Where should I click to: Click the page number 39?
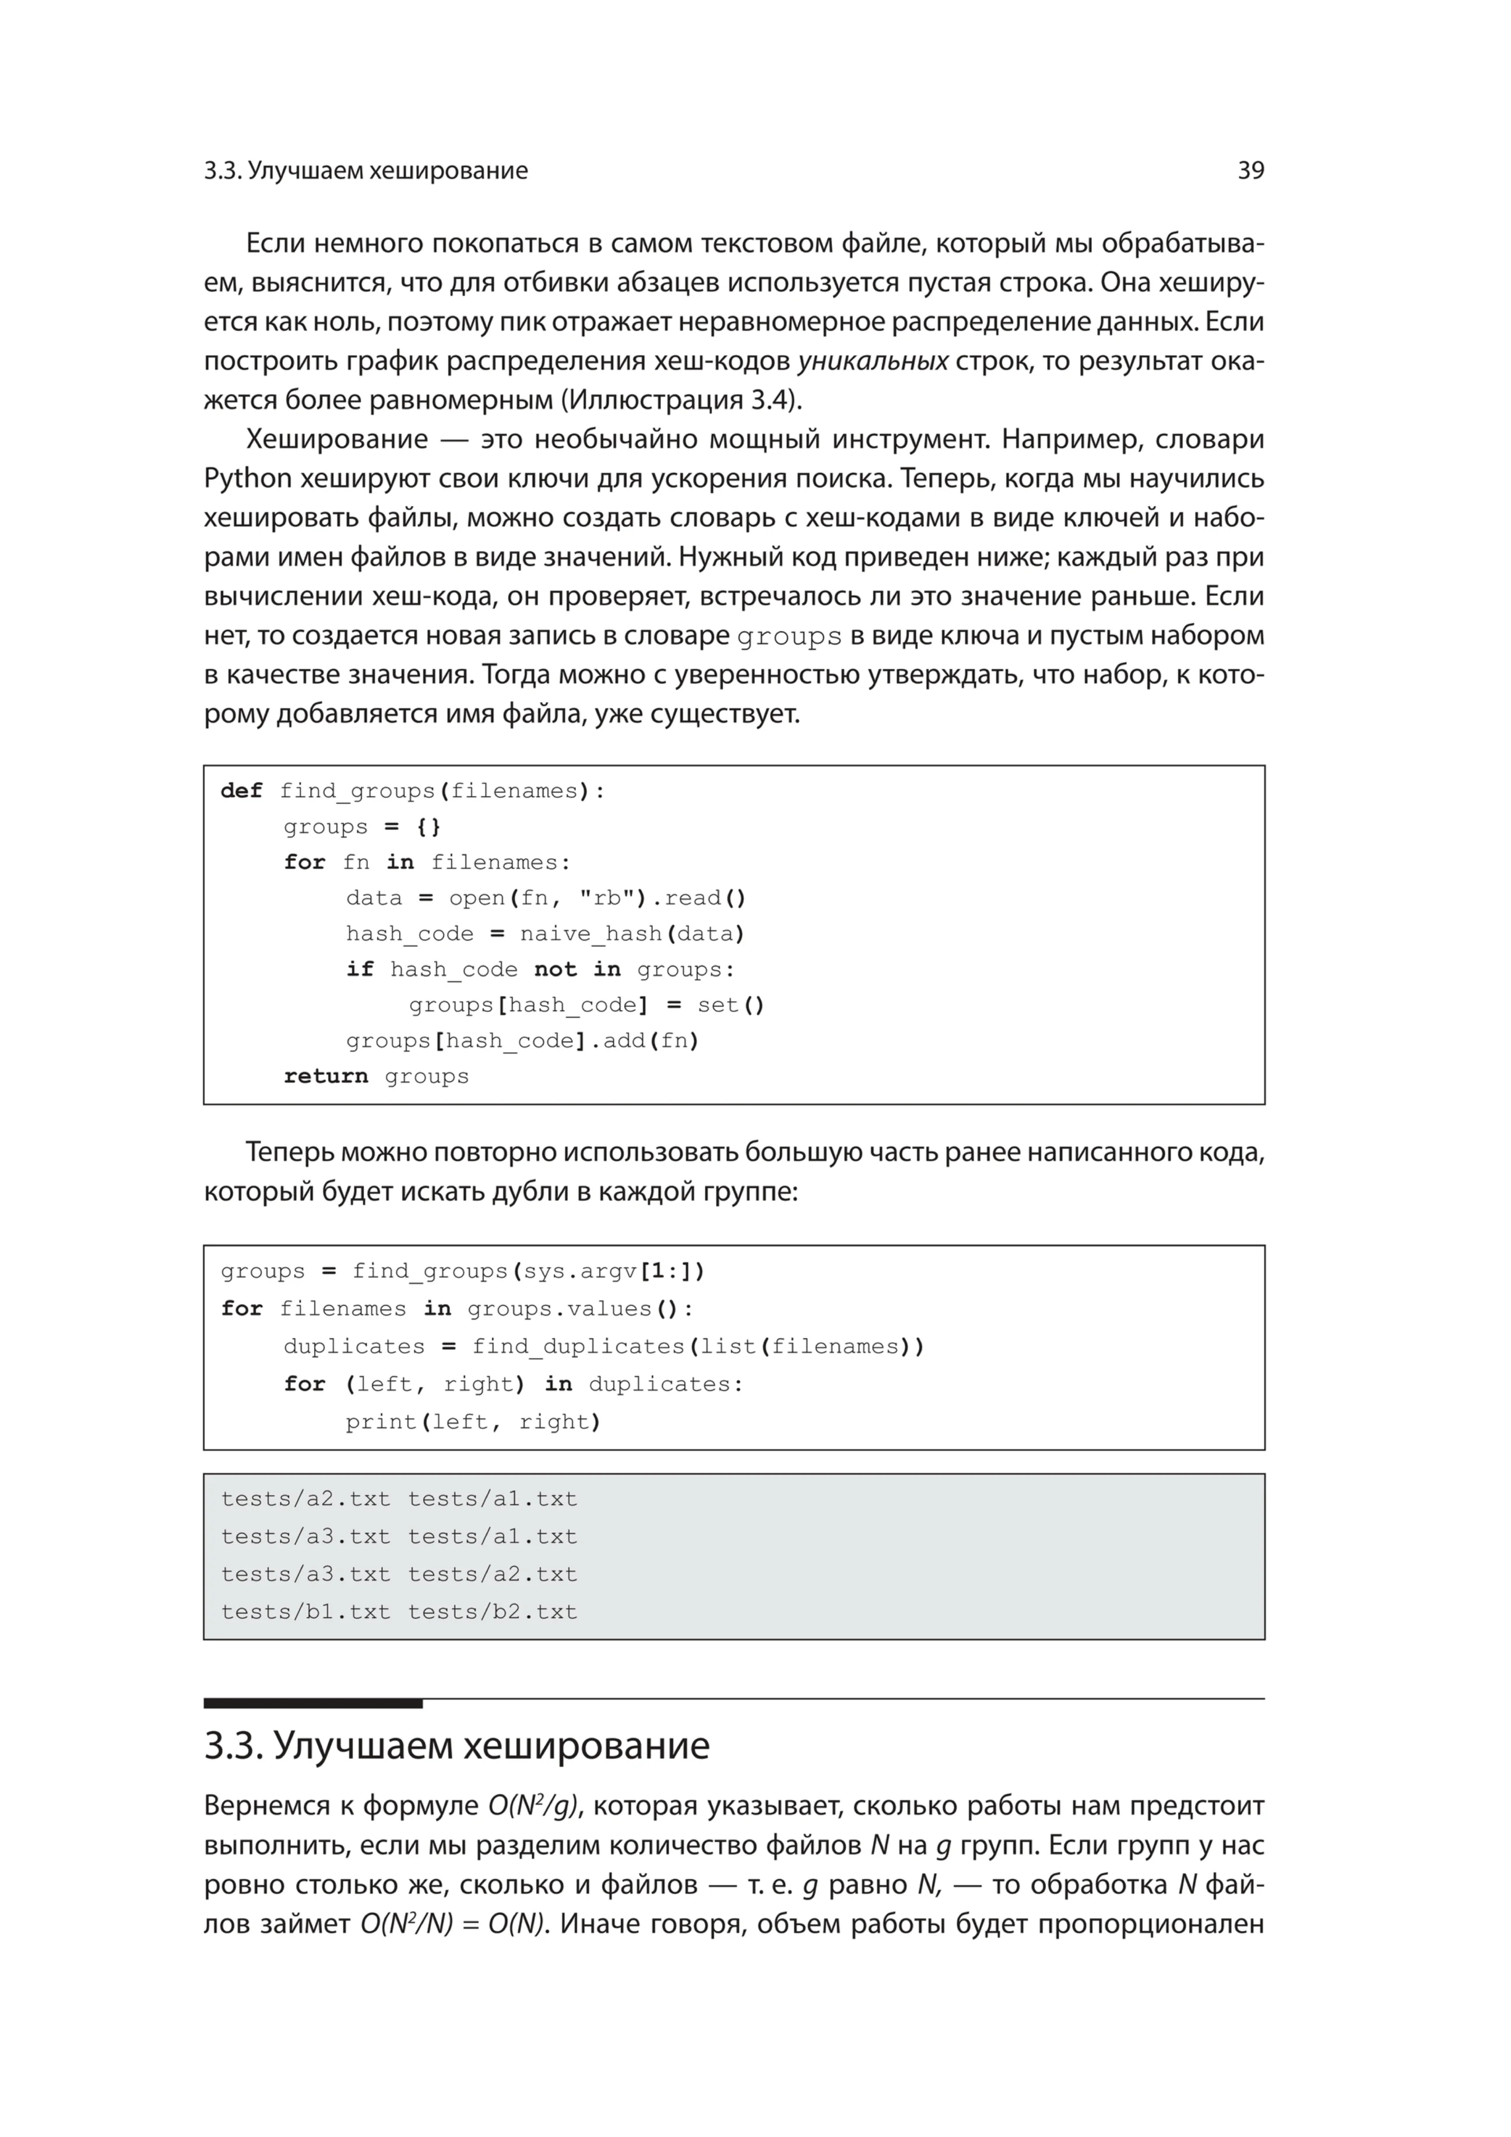[1250, 170]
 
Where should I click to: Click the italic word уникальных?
[874, 361]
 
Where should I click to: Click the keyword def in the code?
[242, 791]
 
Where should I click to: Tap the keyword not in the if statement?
[556, 970]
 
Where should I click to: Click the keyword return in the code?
[326, 1077]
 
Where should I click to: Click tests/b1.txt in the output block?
[305, 1612]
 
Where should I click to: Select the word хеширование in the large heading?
[586, 1747]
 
